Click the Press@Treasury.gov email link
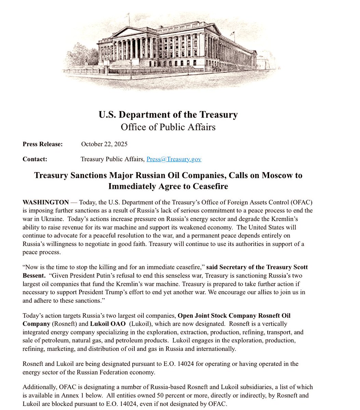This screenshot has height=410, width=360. [x=174, y=159]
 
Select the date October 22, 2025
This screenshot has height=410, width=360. [x=104, y=144]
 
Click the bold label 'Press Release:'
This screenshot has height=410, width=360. [x=43, y=144]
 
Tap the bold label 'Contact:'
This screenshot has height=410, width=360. [x=35, y=159]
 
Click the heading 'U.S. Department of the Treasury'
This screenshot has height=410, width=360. [x=168, y=114]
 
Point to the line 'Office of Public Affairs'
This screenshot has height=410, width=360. [x=168, y=127]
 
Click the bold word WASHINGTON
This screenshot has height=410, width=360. [x=45, y=202]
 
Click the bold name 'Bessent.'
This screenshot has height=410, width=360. [x=34, y=275]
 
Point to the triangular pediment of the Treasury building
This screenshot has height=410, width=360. [x=129, y=32]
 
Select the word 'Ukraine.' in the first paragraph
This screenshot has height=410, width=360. [x=55, y=219]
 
